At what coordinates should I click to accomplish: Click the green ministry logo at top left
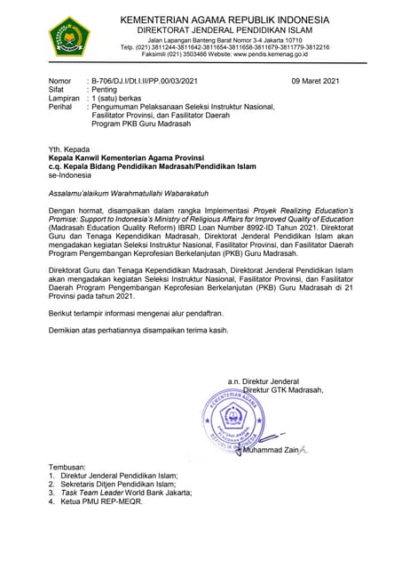[68, 36]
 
